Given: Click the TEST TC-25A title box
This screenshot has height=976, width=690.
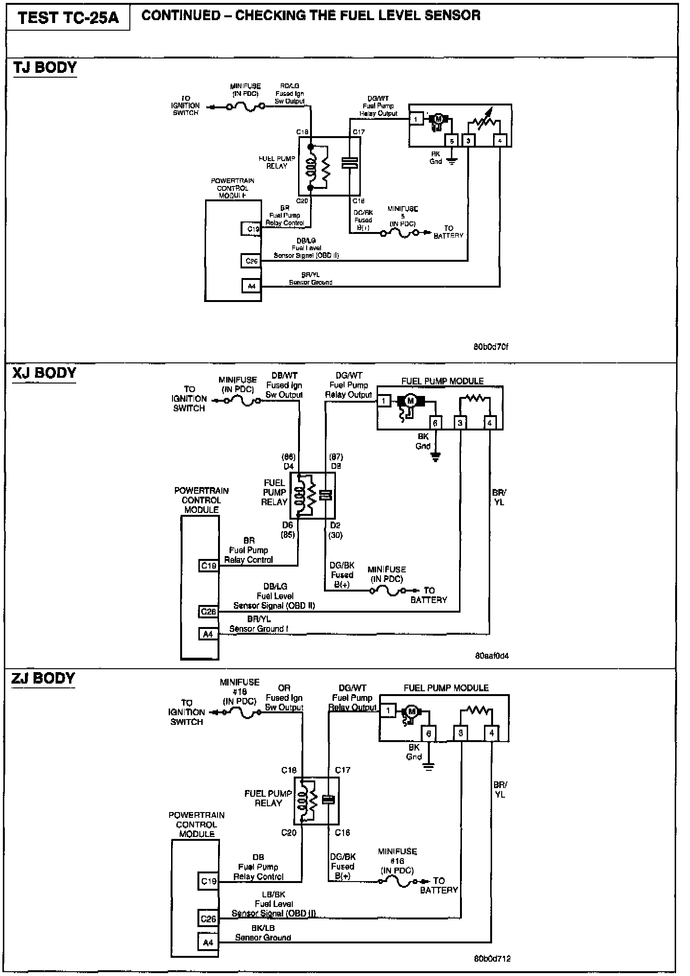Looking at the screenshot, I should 68,18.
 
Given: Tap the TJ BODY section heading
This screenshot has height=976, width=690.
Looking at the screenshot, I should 45,68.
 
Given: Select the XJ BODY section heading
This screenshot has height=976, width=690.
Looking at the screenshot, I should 44,373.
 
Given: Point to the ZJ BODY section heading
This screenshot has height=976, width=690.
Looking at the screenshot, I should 43,678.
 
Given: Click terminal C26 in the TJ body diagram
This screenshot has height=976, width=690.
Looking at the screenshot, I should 252,261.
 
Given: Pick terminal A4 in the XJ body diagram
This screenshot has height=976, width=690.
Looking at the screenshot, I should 208,634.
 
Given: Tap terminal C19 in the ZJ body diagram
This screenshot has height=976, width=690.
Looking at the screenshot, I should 208,881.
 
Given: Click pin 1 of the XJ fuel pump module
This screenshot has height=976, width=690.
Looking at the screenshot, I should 384,401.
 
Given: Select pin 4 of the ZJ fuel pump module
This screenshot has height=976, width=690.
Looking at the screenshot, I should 492,733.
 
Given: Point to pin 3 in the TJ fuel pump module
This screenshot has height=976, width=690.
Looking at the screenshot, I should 468,140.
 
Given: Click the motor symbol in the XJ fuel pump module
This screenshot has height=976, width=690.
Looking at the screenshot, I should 410,401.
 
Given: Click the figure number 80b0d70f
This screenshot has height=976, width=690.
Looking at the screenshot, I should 491,347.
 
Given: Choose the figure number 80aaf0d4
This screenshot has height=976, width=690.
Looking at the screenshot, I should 492,655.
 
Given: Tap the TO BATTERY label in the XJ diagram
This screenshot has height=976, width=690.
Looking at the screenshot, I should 428,595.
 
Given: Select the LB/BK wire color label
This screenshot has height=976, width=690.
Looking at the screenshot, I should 274,894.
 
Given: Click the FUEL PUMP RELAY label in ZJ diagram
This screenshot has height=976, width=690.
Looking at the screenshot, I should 268,798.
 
